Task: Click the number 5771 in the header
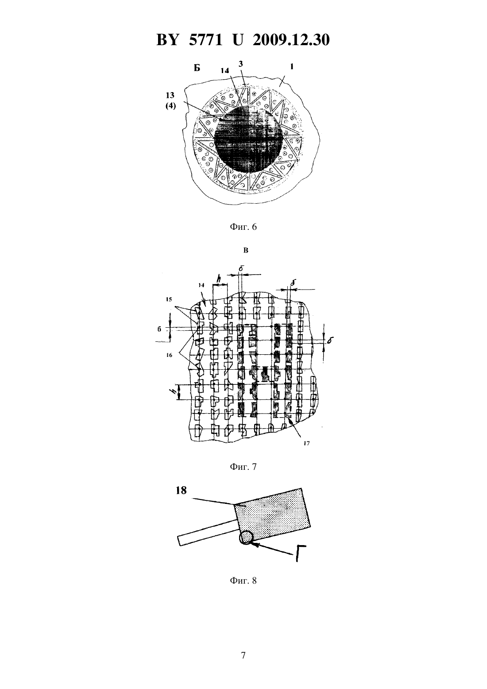pos(205,40)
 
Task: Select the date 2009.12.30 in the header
pos(291,40)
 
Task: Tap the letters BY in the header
pos(167,40)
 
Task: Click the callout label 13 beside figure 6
pos(170,95)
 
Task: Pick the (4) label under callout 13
pos(170,107)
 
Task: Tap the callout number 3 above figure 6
pos(241,64)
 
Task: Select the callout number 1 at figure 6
pos(292,66)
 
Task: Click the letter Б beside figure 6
pos(197,68)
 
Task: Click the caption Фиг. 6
pos(243,227)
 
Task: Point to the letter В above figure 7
pos(246,250)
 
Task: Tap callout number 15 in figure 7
pos(168,299)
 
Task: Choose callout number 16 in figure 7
pos(169,355)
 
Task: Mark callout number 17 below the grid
pos(306,443)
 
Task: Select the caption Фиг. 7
pos(243,467)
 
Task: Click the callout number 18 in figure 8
pos(181,490)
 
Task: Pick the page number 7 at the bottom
pos(243,662)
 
